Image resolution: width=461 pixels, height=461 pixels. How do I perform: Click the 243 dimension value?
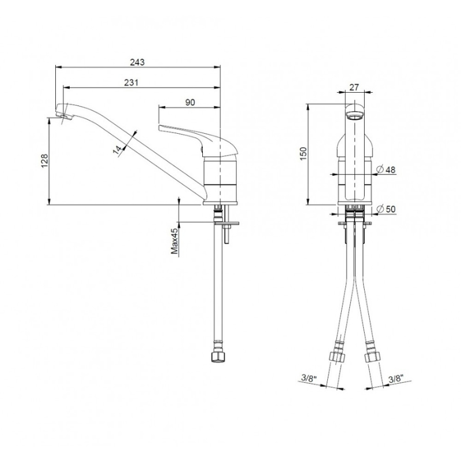[x=137, y=62]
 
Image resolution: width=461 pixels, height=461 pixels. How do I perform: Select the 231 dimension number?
[x=131, y=82]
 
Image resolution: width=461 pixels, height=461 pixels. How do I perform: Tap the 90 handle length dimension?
[x=190, y=103]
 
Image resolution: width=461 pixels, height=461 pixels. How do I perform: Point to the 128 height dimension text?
[x=45, y=161]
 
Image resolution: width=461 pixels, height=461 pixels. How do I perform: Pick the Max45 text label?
[x=175, y=241]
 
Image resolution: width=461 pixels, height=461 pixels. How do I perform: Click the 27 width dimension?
[x=354, y=88]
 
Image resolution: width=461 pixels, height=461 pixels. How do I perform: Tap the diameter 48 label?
[x=386, y=169]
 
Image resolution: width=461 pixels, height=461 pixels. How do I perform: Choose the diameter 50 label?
[x=386, y=209]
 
